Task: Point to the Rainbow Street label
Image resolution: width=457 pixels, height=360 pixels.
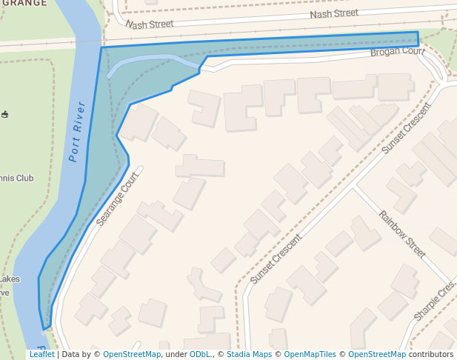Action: coord(402,234)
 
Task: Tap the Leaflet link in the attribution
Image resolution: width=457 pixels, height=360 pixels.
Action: coord(41,355)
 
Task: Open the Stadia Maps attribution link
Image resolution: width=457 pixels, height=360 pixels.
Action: coord(249,355)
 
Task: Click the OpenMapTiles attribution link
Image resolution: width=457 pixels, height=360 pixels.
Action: coord(310,355)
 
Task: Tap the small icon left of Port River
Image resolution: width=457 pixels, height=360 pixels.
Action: coord(5,115)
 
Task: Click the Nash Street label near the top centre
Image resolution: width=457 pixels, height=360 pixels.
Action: coord(334,14)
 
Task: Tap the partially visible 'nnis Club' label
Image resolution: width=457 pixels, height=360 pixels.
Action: coord(17,178)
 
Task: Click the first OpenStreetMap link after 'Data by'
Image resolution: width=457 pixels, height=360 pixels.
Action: coord(132,355)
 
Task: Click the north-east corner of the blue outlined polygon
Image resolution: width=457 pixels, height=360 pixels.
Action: coord(418,32)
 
